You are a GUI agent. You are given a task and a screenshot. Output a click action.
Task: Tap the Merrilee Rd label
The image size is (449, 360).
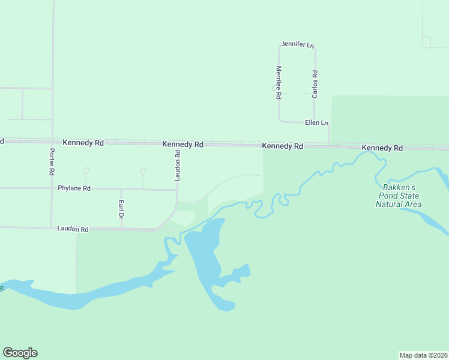pos(279,79)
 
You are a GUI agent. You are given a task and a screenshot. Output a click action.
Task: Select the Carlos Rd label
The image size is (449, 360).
pos(315,84)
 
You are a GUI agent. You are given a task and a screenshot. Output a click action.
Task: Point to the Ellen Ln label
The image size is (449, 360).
pos(316,123)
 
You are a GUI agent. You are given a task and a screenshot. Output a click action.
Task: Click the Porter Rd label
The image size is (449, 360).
pos(52,162)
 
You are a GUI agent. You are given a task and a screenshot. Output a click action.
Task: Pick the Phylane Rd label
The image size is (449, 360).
pos(74,188)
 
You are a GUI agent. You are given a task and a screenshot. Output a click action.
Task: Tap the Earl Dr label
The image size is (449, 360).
pos(121,208)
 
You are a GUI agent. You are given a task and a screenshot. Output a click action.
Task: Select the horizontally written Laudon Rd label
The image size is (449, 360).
pos(73,229)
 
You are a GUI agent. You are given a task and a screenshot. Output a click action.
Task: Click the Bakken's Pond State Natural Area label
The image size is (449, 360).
pos(399,196)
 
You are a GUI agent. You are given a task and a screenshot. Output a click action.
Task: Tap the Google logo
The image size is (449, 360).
pos(20,353)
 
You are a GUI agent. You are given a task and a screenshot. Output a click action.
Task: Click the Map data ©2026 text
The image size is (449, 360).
pos(423,355)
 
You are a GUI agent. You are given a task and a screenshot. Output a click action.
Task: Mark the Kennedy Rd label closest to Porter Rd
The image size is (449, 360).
pos(83,143)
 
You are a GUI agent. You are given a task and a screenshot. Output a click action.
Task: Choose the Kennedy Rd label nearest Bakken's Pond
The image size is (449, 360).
pos(382,148)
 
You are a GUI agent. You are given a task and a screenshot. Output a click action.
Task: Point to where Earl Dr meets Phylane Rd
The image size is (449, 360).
pos(121,189)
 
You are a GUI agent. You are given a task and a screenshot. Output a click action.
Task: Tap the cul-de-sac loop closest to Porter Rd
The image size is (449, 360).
pos(86,172)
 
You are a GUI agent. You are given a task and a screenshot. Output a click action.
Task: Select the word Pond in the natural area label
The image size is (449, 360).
pos(390,196)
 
